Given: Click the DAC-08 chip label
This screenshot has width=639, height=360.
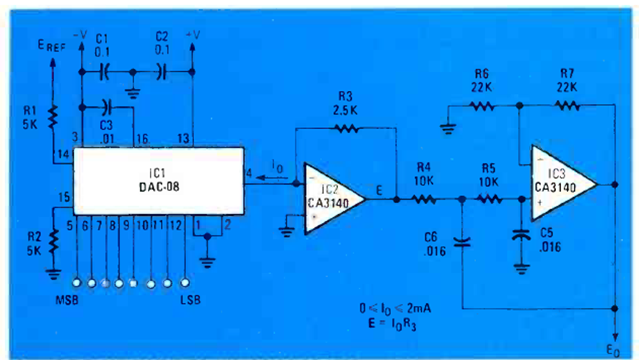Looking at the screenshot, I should [x=158, y=187].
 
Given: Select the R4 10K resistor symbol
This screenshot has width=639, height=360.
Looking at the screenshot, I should [x=425, y=200].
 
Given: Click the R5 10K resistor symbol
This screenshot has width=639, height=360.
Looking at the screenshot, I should [x=488, y=200].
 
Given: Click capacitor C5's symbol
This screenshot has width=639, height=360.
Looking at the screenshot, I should [x=520, y=235].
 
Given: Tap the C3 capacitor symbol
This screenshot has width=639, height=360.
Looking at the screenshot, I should [x=107, y=107].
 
